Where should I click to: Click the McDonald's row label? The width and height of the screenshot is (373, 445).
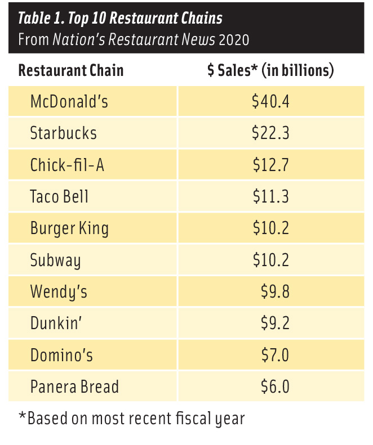coord(69,101)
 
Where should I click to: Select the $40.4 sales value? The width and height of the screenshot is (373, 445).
coord(270,101)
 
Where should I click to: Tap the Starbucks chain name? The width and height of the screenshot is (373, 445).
coord(63,133)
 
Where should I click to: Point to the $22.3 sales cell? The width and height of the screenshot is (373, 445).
coord(270,133)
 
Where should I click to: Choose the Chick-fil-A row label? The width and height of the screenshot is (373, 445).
coord(67,165)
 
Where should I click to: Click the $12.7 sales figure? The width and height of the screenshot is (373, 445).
coord(270,165)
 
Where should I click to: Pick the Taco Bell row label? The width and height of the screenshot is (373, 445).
coord(59,196)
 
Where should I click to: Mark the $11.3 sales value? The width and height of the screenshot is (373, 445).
coord(270,196)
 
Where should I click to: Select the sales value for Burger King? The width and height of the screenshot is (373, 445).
coord(270,228)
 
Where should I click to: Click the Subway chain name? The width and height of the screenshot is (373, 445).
coord(55,260)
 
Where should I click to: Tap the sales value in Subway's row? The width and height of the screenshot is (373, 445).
coord(270,260)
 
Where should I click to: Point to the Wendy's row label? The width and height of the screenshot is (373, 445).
coord(59,292)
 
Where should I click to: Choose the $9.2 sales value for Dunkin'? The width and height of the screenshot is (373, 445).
coord(275,323)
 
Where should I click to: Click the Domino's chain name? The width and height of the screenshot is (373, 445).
coord(61,356)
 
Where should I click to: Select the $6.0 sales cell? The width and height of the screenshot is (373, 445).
coord(275,387)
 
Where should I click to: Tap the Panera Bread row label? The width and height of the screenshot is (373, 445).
coord(74,387)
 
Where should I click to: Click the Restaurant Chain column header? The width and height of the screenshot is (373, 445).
coord(71,71)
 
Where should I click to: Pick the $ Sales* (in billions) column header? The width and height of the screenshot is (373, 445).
coord(270,71)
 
